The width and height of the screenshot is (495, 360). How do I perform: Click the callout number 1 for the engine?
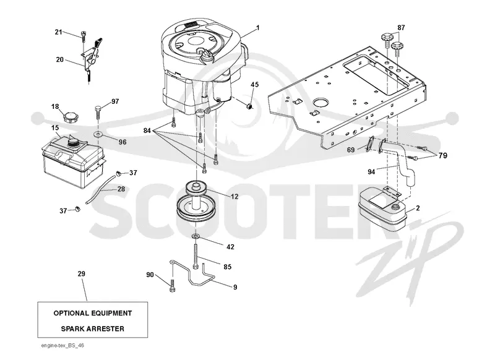(258, 28)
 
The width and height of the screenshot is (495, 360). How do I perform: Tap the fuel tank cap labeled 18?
(71, 118)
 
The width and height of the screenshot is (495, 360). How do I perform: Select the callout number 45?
(255, 85)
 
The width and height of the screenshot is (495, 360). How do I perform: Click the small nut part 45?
(249, 106)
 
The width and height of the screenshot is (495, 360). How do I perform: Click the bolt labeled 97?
(98, 112)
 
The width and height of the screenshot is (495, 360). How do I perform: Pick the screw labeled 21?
(84, 36)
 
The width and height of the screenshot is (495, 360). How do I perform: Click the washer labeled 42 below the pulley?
(196, 237)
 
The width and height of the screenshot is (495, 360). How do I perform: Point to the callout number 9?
(235, 287)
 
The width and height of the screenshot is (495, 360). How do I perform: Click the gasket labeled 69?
(370, 144)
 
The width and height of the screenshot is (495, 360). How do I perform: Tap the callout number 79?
(443, 155)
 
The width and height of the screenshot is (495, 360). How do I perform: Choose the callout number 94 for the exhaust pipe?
(371, 171)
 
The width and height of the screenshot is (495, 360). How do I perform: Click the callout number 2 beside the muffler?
(418, 208)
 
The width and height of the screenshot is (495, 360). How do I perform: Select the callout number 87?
(401, 28)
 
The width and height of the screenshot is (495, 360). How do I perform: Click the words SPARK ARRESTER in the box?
(92, 329)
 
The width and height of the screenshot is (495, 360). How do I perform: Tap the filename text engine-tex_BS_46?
(63, 346)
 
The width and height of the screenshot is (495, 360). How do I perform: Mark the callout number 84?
(147, 131)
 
